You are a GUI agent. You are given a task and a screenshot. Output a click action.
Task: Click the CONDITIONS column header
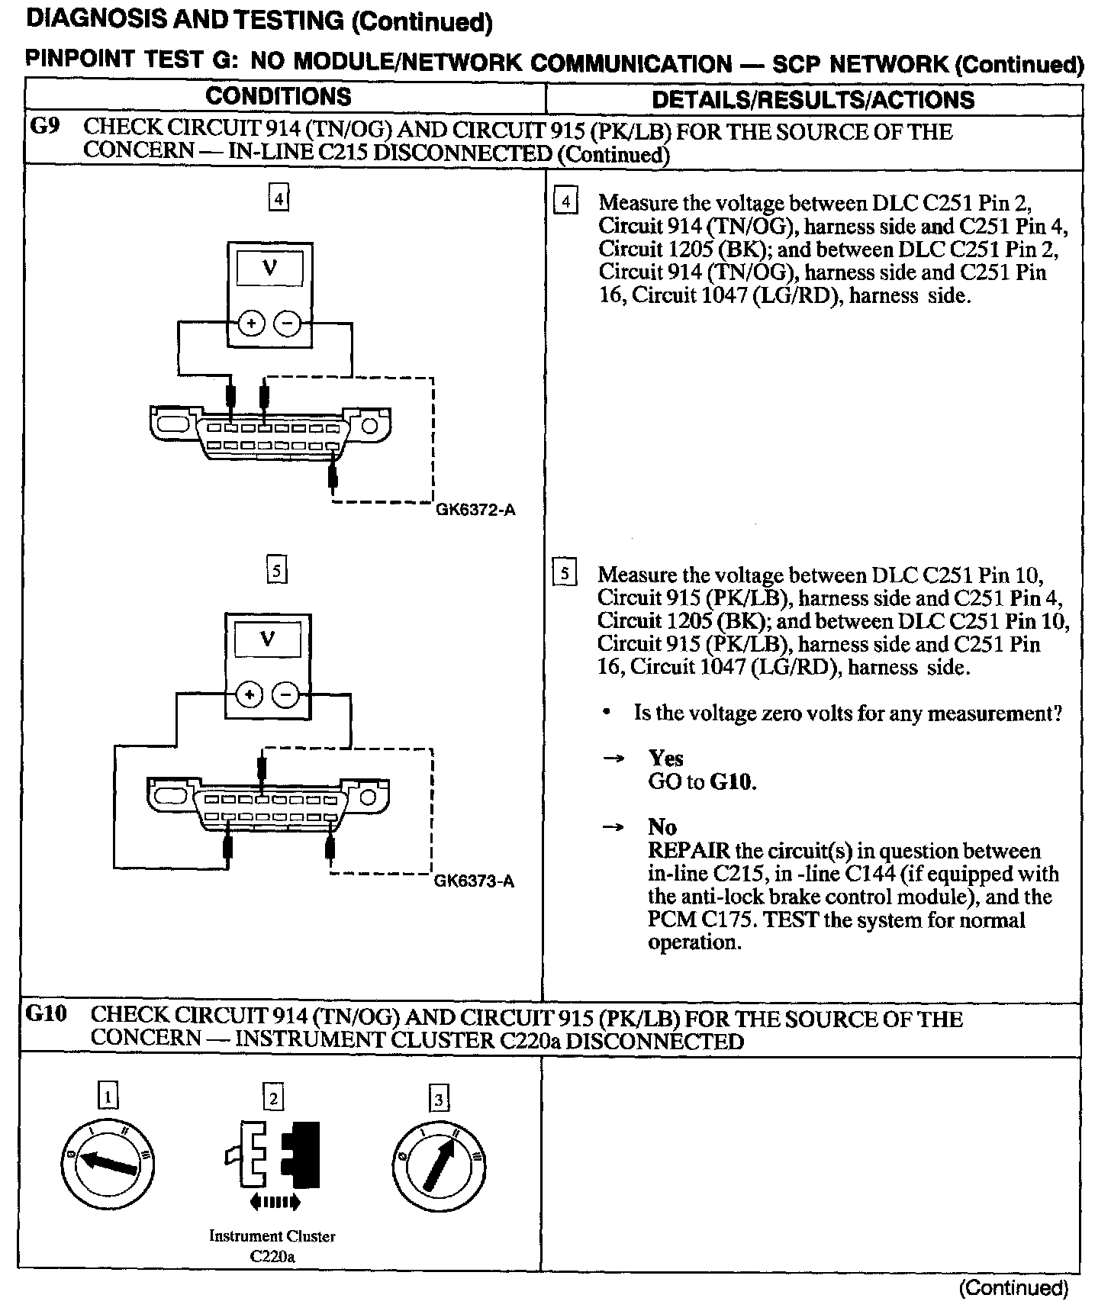tap(279, 97)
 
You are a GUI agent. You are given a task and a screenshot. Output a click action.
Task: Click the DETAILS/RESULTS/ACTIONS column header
tap(813, 99)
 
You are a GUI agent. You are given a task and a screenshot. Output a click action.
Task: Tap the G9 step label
tap(45, 127)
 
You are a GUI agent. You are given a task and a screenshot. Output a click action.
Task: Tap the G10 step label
tap(47, 1014)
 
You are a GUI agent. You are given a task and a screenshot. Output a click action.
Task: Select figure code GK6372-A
tap(475, 510)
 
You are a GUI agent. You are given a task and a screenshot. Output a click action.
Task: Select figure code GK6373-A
tap(474, 881)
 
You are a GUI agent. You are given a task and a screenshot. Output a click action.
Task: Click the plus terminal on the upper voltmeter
tap(251, 324)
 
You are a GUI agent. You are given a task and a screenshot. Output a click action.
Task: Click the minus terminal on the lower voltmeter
tap(286, 695)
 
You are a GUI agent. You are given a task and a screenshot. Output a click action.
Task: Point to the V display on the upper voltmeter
tap(269, 269)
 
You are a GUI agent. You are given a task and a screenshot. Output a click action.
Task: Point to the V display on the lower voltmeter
tap(267, 639)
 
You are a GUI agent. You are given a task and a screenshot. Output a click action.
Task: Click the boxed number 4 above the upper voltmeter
tap(279, 199)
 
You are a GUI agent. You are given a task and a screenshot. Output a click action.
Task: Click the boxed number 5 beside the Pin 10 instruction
tap(564, 573)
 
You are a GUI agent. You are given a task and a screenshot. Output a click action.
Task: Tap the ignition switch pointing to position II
tap(439, 1164)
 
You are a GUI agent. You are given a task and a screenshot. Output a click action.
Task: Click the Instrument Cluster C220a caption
tap(272, 1246)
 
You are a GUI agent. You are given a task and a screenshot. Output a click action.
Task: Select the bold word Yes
tap(665, 758)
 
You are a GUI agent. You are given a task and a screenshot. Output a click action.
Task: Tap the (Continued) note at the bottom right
tap(1013, 1288)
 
